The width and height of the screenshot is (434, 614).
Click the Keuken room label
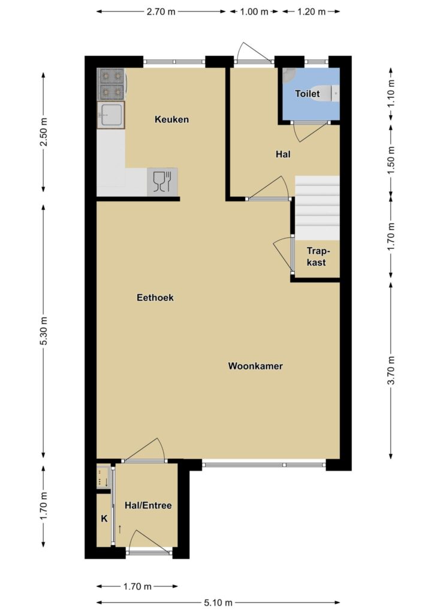[x=171, y=119]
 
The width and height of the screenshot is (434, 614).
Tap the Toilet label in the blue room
[x=307, y=94]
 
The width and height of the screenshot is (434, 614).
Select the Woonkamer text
[x=255, y=366]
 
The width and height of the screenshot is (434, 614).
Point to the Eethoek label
[x=155, y=297]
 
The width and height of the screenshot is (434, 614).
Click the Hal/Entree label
[x=148, y=505]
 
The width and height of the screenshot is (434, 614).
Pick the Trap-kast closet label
[x=317, y=257]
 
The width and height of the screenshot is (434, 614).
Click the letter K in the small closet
[x=104, y=519]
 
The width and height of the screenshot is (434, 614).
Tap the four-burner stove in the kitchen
[x=111, y=84]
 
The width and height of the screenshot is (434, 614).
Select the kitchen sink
[x=111, y=115]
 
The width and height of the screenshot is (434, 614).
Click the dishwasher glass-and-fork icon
[x=162, y=182]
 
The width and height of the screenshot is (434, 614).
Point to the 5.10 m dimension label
[x=218, y=603]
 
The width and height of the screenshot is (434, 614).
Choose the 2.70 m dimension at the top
[x=161, y=12]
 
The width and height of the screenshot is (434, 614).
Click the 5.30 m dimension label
[x=43, y=331]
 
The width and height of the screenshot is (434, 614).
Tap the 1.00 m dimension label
[x=254, y=12]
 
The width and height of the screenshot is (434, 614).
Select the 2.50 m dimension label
[x=43, y=131]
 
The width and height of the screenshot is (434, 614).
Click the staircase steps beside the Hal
[x=317, y=208]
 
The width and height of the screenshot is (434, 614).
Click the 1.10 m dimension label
[x=391, y=94]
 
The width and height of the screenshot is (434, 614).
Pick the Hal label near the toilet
[x=283, y=154]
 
